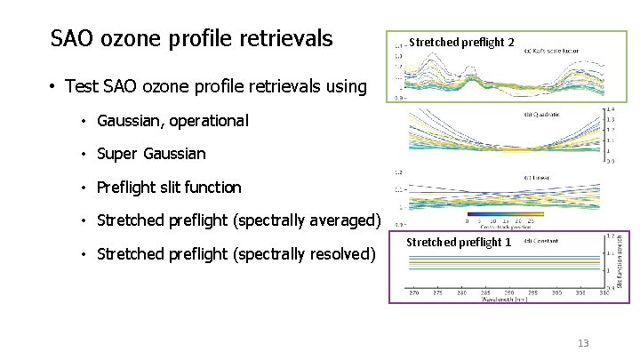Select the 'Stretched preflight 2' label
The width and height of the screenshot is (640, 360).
(461, 42)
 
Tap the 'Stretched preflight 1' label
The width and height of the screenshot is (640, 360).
(459, 242)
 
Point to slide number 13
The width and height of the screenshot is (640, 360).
(583, 344)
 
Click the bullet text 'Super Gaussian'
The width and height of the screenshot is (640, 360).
(151, 154)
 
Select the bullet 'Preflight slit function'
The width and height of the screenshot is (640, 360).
(169, 187)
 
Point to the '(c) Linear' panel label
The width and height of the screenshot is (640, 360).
(536, 178)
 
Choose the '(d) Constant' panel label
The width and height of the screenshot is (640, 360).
(541, 241)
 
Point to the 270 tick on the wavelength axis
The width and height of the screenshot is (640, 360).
(413, 292)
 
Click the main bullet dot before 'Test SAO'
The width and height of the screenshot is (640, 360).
(54, 86)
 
